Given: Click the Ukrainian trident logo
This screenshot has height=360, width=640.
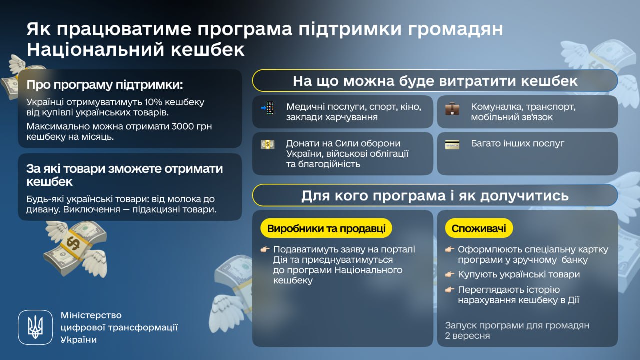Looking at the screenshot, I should coord(35,327).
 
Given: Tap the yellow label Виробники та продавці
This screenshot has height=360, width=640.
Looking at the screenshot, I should coord(326,229).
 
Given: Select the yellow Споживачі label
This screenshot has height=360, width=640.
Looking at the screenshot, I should coord(479,229).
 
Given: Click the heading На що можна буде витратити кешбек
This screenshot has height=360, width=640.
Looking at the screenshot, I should coord(435,81).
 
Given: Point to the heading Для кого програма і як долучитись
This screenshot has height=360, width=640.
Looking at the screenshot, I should coord(435,195).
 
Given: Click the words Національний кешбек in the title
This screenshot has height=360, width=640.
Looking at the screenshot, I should coord(135,50).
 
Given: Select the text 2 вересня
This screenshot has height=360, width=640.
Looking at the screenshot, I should coord(467,335).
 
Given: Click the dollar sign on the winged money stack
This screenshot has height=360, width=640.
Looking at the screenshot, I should coord(73,242).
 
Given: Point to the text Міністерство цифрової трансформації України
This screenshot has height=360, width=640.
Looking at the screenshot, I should coord(118,327).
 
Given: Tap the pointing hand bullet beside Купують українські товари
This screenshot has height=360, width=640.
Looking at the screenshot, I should coord(449,274).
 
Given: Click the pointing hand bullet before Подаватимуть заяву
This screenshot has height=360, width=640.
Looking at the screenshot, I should coord(265,249).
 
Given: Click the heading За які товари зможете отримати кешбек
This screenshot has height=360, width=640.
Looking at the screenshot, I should coord(125,175).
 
